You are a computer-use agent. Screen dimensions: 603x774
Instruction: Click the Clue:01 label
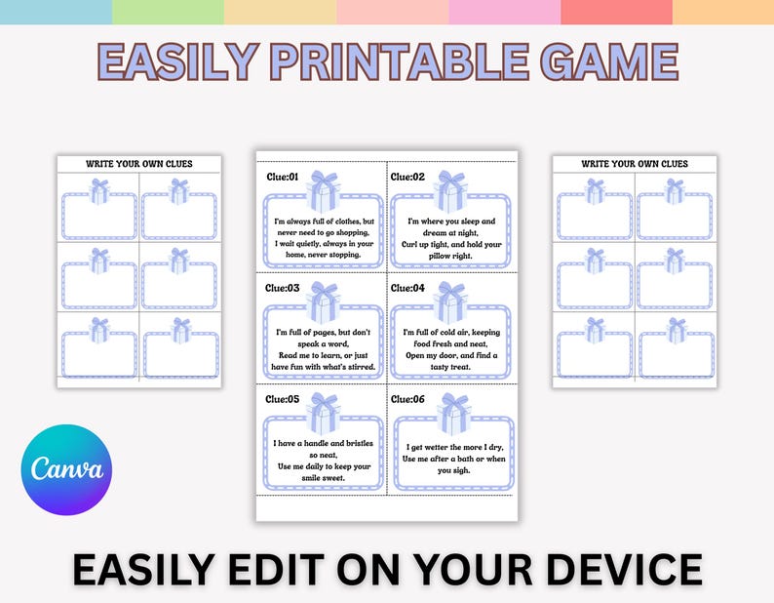(x=284, y=177)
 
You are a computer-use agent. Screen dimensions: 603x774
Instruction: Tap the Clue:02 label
(x=408, y=177)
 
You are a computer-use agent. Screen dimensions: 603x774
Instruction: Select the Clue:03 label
(x=284, y=288)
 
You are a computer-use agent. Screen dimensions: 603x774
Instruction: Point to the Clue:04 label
(x=408, y=288)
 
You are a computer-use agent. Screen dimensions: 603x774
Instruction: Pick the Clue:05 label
(x=284, y=399)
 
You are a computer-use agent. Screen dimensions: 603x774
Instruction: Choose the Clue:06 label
(x=408, y=399)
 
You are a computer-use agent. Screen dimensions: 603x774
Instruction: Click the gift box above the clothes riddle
(x=324, y=191)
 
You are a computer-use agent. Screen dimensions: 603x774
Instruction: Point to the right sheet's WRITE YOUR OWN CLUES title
(x=635, y=164)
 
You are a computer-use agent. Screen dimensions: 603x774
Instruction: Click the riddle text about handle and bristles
(x=324, y=454)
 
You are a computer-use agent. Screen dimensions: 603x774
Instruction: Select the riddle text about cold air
(x=451, y=344)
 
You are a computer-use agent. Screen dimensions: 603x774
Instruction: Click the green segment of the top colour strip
(x=168, y=12)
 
